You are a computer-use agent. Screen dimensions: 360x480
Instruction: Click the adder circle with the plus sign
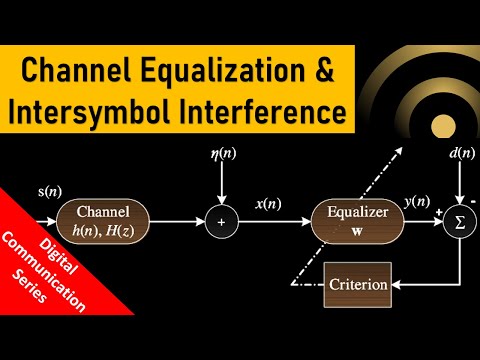222,221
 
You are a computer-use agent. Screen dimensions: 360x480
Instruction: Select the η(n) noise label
222,156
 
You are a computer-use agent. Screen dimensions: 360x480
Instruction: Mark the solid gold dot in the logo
442,124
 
